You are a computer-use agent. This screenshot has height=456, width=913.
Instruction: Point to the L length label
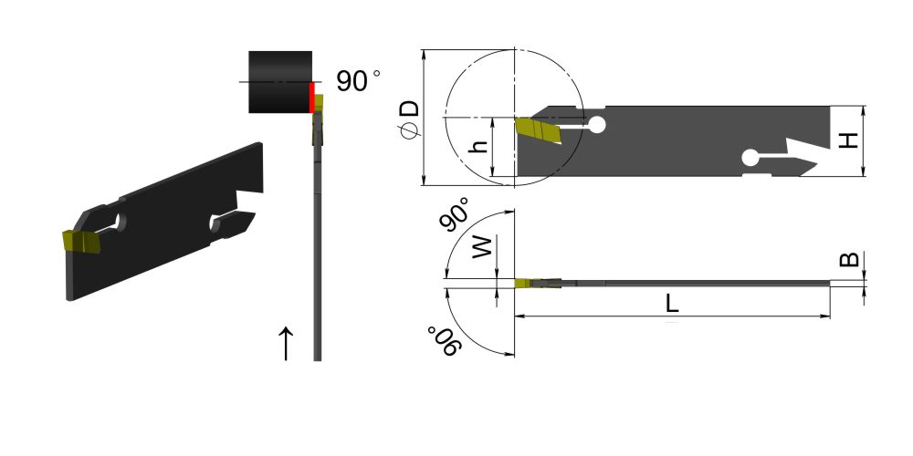click(673, 303)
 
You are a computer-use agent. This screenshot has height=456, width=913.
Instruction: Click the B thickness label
click(849, 259)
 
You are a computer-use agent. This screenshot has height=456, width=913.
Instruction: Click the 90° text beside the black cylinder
click(358, 81)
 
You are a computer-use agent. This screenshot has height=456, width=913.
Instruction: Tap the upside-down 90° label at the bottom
click(446, 342)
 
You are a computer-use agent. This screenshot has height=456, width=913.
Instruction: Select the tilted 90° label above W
click(455, 214)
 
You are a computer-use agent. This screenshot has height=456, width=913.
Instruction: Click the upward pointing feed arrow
click(285, 343)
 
